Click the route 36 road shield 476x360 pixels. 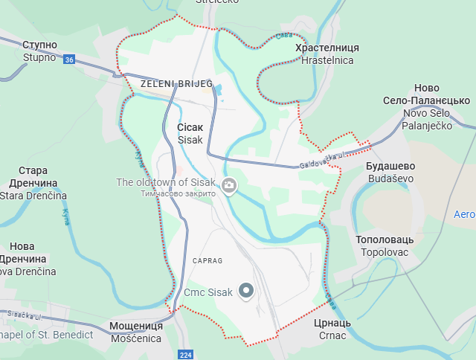pyautogui.click(x=69, y=60)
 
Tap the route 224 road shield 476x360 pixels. pyautogui.click(x=186, y=355)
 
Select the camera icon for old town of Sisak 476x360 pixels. pyautogui.click(x=229, y=184)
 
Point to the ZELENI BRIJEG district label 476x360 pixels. pyautogui.click(x=176, y=85)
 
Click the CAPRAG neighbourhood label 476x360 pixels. pyautogui.click(x=208, y=261)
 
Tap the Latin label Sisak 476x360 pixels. pyautogui.click(x=190, y=140)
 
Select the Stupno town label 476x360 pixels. pyautogui.click(x=39, y=57)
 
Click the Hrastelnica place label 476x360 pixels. pyautogui.click(x=327, y=60)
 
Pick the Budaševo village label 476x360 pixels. pyautogui.click(x=390, y=179)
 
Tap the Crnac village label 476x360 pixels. pyautogui.click(x=332, y=335)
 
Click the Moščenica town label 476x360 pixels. pyautogui.click(x=135, y=338)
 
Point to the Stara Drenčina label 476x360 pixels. pyautogui.click(x=33, y=196)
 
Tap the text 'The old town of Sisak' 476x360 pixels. pyautogui.click(x=166, y=182)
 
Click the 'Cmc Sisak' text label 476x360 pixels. pyautogui.click(x=208, y=292)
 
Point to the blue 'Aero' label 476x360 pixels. pyautogui.click(x=464, y=214)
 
